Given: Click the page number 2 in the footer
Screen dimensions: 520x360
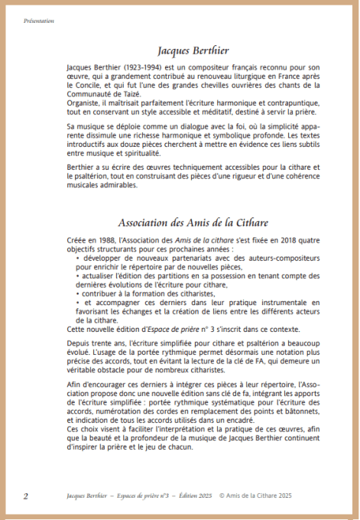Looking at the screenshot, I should point(25,497).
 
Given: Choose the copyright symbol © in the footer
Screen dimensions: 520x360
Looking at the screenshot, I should point(221,497).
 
